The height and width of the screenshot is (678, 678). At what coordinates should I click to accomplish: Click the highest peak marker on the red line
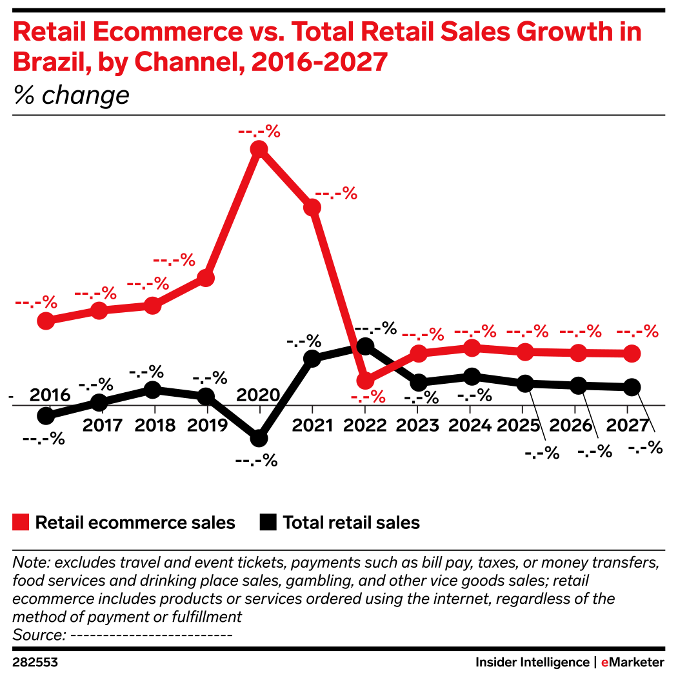[259, 149]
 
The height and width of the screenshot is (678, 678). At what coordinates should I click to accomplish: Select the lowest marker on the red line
[365, 380]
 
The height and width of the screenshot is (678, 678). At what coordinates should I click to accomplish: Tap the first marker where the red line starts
[46, 321]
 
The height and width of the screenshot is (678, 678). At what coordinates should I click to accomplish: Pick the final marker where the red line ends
[632, 354]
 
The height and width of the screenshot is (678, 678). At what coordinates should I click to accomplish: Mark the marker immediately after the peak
[312, 207]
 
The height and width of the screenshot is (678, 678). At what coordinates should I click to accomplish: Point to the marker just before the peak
[206, 278]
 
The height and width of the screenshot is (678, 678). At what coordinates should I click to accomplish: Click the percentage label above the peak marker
[259, 132]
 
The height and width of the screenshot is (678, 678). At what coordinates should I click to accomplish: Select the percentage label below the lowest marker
[368, 397]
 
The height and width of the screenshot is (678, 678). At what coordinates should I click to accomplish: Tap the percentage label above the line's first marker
[36, 302]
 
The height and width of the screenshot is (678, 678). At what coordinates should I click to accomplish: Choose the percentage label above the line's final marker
[637, 332]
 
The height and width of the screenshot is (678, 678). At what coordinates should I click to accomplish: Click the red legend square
[21, 523]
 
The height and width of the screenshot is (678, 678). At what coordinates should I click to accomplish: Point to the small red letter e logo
[604, 663]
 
